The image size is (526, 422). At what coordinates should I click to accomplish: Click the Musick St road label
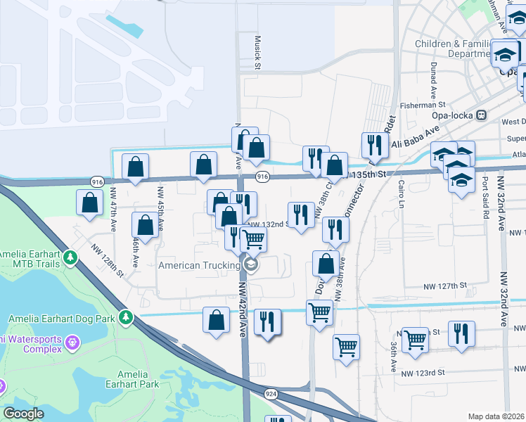[258, 52]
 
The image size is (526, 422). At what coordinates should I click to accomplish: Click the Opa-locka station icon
[482, 115]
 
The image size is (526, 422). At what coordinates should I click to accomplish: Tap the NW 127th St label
[445, 286]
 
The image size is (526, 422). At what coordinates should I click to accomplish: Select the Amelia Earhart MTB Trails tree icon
[70, 258]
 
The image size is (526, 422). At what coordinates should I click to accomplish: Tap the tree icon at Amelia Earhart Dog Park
[126, 318]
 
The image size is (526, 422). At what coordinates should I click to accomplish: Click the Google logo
[24, 414]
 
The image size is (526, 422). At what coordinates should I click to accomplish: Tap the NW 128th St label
[107, 259]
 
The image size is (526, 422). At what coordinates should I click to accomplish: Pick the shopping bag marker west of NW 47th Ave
[90, 202]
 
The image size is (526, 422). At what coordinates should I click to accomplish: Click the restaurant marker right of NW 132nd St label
[302, 215]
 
